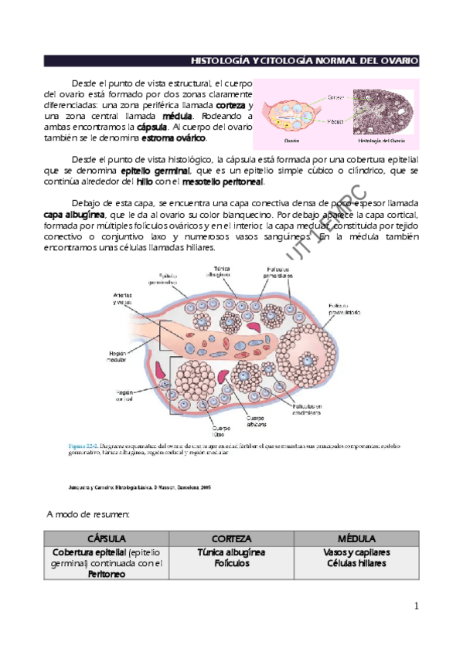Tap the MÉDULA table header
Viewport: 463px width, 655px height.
tap(356, 538)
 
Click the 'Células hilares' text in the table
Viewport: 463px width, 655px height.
tap(356, 564)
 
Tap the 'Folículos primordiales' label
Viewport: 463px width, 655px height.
tap(274, 273)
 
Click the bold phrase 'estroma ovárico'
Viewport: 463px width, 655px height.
tap(174, 137)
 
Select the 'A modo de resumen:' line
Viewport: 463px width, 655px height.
tap(87, 514)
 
